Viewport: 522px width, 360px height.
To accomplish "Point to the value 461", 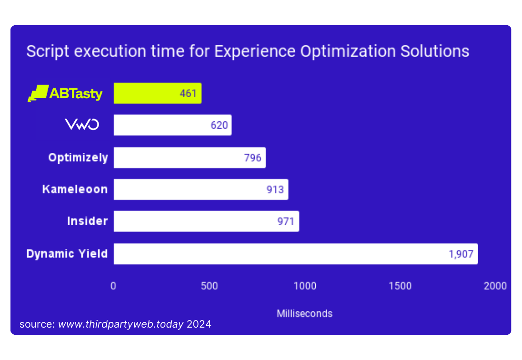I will (188, 93).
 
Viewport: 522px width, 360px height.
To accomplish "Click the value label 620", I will (220, 126).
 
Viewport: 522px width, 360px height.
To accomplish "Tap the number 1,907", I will (461, 254).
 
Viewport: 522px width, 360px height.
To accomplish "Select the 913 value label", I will (275, 190).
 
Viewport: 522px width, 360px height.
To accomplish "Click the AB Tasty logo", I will (65, 93).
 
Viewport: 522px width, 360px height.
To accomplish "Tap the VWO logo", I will (82, 125).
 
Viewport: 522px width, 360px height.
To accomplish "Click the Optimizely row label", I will (78, 158).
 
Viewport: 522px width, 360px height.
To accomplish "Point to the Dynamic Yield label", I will (67, 254).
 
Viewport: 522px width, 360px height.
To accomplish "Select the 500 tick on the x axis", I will (209, 286).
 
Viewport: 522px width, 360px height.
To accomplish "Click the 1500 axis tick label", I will (400, 286).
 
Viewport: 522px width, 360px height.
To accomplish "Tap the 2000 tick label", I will (495, 286).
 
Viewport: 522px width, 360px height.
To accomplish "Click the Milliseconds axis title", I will (304, 314).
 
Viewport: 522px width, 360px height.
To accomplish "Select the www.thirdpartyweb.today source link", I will (121, 325).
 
